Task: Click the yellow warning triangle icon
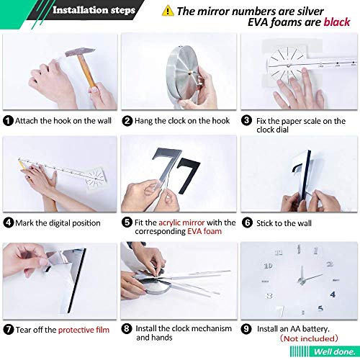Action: [x=168, y=11]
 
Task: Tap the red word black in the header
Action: [x=337, y=22]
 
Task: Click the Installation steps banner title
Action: [x=94, y=10]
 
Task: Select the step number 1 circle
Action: [x=8, y=120]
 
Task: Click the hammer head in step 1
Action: [x=80, y=52]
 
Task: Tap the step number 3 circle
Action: [x=247, y=120]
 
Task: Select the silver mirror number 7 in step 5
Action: [x=167, y=166]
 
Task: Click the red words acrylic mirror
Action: [x=181, y=222]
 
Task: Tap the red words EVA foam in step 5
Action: [x=204, y=231]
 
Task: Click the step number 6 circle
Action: [x=247, y=222]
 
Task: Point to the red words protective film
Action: [x=84, y=330]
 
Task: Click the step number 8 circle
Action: [x=127, y=328]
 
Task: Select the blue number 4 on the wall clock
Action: [x=333, y=294]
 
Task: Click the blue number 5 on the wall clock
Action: [x=320, y=308]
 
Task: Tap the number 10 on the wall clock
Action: [x=268, y=266]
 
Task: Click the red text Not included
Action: [x=309, y=338]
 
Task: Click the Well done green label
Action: [x=334, y=351]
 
